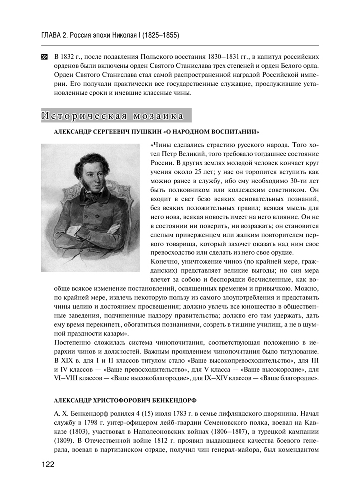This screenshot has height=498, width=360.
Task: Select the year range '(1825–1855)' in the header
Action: coord(160,36)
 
